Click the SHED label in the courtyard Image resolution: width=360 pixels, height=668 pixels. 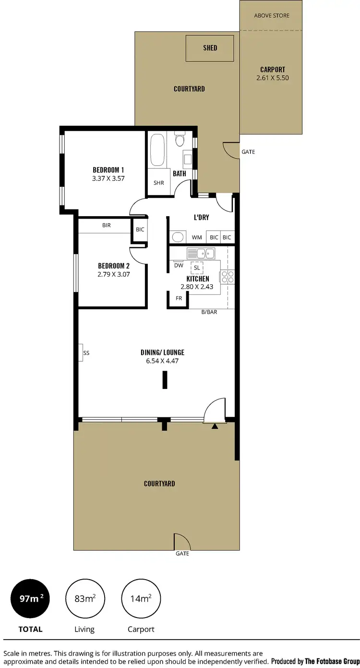pos(210,48)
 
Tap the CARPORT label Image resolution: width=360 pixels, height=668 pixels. pos(273,70)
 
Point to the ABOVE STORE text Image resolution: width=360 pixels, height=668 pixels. pos(272,15)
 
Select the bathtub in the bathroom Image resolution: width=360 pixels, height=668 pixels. pos(157,150)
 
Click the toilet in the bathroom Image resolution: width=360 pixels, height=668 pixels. pos(180,140)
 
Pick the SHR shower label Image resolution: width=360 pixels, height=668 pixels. pos(158,183)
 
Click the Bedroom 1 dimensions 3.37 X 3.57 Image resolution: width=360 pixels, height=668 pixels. pos(108,178)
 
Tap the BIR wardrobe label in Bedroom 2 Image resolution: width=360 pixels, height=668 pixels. pos(107,225)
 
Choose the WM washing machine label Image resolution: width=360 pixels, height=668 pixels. pos(197,237)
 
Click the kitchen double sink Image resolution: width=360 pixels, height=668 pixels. pos(201,253)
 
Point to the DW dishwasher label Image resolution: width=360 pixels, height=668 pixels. pos(178,266)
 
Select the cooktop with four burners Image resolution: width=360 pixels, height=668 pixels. pos(227,277)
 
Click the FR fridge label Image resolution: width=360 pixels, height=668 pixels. pos(179,298)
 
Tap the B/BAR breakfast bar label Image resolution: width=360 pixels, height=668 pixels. pos(209,312)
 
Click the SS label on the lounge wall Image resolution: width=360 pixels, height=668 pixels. pos(86,353)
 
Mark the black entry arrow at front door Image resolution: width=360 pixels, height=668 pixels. pos(216,425)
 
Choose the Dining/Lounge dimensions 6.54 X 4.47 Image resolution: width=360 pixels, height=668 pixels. pos(162,361)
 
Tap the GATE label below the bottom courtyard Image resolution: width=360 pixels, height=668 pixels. pos(182,554)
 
